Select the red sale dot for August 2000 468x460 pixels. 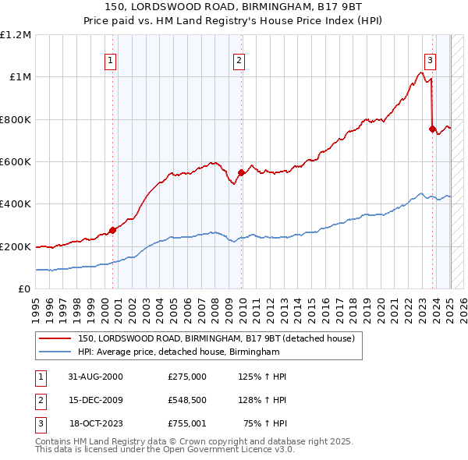coord(112,229)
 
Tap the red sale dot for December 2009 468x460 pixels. coord(241,173)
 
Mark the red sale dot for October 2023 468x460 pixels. coord(432,129)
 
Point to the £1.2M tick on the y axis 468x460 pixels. coord(16,35)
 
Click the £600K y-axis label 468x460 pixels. coord(16,162)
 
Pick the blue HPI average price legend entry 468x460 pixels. coord(179,352)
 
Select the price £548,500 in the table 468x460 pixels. coord(187,401)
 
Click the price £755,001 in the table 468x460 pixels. coord(187,425)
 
